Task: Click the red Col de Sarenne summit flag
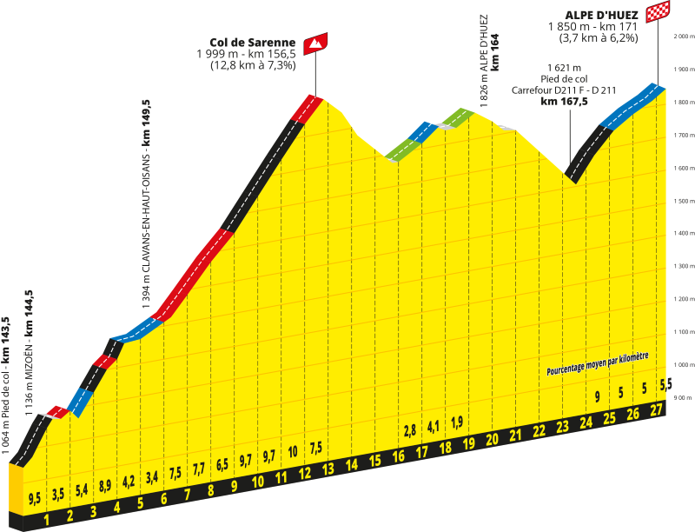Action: click(x=315, y=43)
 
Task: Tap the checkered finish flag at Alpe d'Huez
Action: click(x=658, y=11)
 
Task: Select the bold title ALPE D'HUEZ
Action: click(x=601, y=16)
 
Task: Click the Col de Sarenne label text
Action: click(x=252, y=43)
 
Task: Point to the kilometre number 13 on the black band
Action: click(x=328, y=469)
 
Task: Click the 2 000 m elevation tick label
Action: click(x=684, y=37)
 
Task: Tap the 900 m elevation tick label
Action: click(x=683, y=397)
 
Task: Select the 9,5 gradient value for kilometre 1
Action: click(x=35, y=498)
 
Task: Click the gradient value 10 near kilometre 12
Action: click(x=293, y=452)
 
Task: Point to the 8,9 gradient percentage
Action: click(x=105, y=486)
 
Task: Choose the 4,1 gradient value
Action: click(x=433, y=427)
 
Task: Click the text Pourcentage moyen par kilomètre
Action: click(x=598, y=363)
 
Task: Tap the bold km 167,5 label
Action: click(x=564, y=102)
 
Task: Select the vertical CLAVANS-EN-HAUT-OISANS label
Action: click(x=147, y=205)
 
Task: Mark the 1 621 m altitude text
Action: click(x=564, y=68)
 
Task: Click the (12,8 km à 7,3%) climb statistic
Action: click(x=253, y=65)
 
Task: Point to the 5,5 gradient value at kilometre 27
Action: click(x=665, y=384)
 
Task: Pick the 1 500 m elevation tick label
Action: click(x=684, y=202)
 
